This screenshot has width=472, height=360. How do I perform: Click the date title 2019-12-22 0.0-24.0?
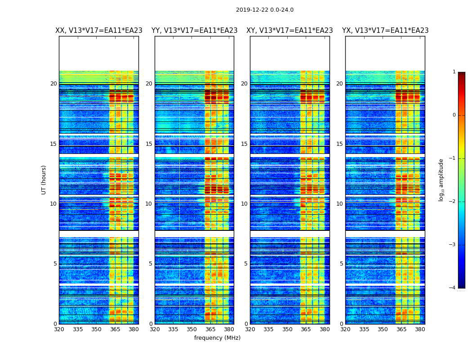coord(264,10)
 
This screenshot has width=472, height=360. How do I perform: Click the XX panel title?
coord(99,31)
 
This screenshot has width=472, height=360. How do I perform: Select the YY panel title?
coord(194,31)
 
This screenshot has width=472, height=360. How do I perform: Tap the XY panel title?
coord(289,31)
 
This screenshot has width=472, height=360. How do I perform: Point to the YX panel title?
coord(385,31)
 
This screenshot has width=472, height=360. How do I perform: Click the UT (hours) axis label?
coord(44,180)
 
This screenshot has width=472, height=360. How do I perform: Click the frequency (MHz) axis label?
coord(217,338)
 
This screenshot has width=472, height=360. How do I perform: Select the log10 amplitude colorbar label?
coord(441,180)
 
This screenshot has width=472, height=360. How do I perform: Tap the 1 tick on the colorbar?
coord(454,72)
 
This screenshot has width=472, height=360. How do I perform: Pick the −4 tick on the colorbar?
coord(453,288)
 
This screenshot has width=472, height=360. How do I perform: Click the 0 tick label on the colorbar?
coord(454,115)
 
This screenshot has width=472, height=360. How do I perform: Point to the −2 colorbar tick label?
coord(453,202)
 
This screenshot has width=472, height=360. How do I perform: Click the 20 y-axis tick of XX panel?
coord(53,84)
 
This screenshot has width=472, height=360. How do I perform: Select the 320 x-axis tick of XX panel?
coord(59,329)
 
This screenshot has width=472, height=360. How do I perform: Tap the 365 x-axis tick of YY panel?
coord(210,329)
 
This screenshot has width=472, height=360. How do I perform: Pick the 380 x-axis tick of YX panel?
coord(420,329)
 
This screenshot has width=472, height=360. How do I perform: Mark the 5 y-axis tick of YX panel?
coord(342,264)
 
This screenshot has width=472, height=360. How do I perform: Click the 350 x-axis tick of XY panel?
coord(287,329)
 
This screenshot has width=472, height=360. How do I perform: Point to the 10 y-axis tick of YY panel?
coord(149,204)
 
